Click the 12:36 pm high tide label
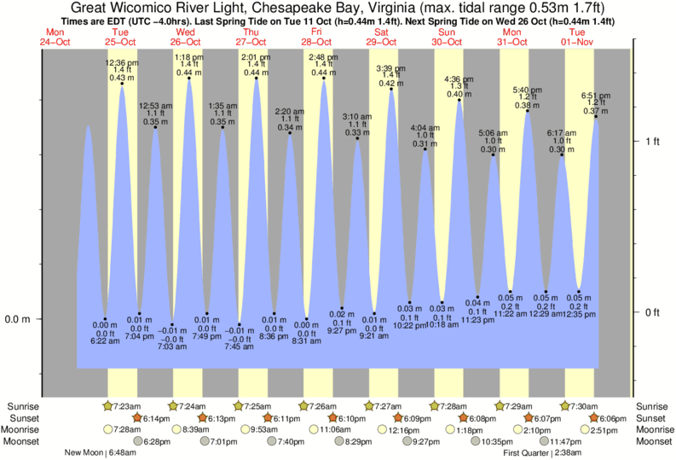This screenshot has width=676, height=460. [123, 62]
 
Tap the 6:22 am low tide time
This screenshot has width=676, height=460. [105, 341]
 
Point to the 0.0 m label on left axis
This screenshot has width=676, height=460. [17, 319]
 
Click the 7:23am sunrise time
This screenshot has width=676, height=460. [129, 405]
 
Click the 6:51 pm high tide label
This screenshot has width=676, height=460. [595, 96]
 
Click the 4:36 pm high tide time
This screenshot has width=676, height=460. [460, 80]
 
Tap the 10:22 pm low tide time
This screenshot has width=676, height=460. [410, 325]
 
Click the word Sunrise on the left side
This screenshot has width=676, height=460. [24, 405]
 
